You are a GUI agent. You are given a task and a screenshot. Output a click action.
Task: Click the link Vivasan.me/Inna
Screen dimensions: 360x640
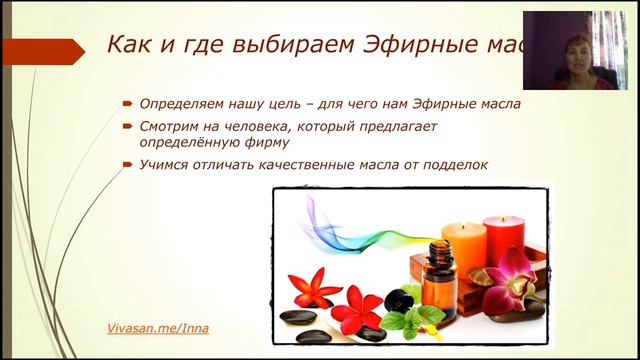point(159,328)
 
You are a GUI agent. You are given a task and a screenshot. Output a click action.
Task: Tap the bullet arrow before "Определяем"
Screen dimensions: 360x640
point(128,103)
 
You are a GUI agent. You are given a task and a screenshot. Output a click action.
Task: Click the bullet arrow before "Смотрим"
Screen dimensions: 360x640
point(128,127)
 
